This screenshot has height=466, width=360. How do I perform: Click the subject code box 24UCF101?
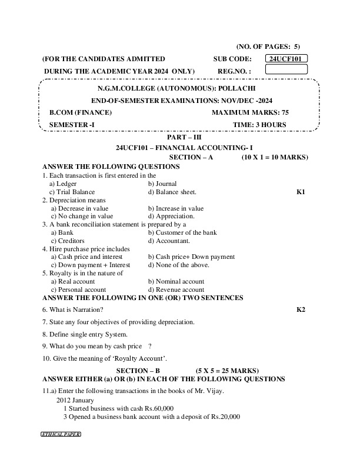(x=286, y=59)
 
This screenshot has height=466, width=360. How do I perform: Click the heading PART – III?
(x=184, y=137)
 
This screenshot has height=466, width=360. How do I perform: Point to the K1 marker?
(x=301, y=192)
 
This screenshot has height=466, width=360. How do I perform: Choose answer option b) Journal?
(x=162, y=184)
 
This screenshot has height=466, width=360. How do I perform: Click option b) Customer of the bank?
(x=182, y=232)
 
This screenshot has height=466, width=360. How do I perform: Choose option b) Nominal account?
(x=176, y=281)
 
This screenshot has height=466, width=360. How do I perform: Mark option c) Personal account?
(x=78, y=289)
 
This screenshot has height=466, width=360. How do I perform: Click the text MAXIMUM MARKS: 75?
(x=250, y=112)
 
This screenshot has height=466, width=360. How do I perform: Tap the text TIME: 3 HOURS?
(x=259, y=125)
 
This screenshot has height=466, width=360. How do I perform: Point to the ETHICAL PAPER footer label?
(x=60, y=434)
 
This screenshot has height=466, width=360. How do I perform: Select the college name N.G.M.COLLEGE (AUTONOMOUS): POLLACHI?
(x=179, y=87)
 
